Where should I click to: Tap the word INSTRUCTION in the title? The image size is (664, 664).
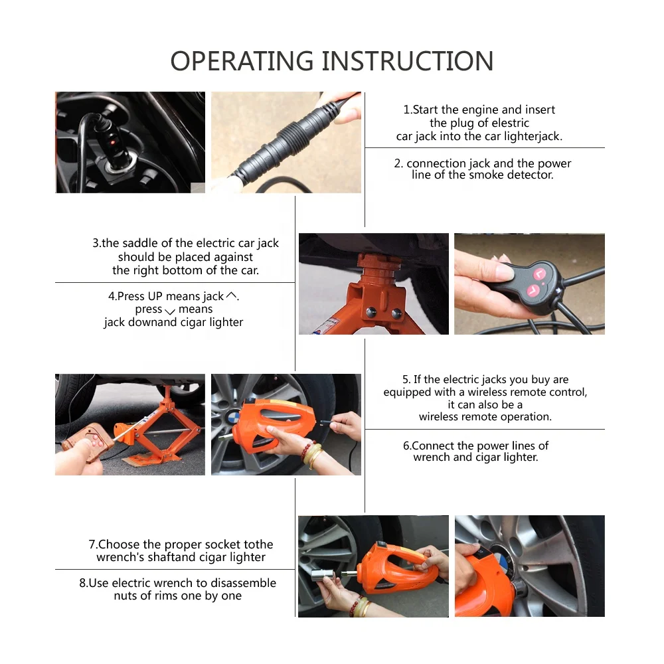point(408,61)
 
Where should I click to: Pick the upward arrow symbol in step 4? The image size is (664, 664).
point(231,295)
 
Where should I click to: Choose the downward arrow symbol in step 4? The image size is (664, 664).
point(170,311)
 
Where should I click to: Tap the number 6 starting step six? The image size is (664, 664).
point(406,446)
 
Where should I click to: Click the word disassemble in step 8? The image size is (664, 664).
point(242,583)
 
